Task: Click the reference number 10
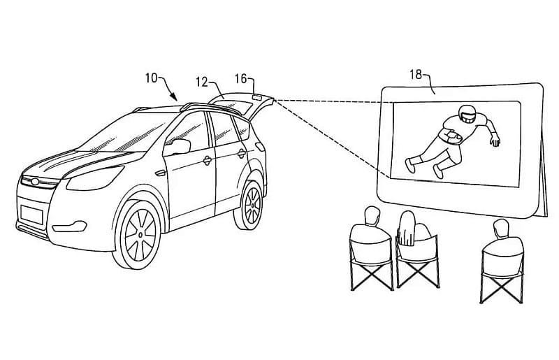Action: point(151,78)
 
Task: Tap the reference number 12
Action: point(201,82)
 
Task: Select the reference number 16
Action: point(240,78)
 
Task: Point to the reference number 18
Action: point(416,75)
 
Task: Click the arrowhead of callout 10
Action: point(173,96)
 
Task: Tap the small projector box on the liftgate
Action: point(257,96)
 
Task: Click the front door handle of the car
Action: point(207,161)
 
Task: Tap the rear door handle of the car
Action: point(241,154)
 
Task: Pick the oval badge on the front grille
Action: point(35,182)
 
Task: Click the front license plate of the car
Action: point(31,215)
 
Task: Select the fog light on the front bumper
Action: point(70,226)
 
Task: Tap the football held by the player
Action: point(452,136)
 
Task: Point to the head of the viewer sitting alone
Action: point(501,229)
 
